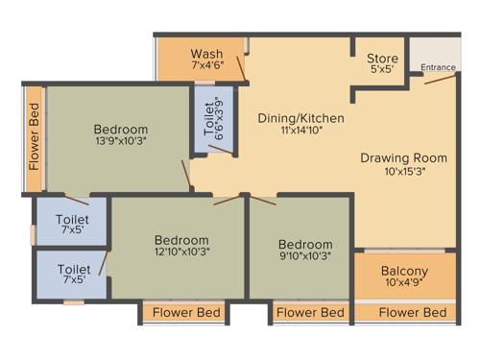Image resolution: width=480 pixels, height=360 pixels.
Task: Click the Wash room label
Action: (206, 53)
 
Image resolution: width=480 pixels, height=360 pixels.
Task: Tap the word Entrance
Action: (439, 68)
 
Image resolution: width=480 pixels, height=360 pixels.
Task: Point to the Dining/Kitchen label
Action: (300, 118)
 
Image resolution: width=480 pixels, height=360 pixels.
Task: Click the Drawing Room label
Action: (405, 157)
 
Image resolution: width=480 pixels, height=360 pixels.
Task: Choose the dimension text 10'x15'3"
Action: (405, 172)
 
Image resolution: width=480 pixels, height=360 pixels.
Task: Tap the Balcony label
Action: (404, 271)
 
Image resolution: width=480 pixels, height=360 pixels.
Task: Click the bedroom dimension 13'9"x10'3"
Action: (121, 144)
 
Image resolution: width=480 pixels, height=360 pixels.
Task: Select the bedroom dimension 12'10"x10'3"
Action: (181, 252)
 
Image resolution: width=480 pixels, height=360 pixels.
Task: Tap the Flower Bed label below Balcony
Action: (413, 313)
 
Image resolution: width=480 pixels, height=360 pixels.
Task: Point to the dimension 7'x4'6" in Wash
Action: (206, 66)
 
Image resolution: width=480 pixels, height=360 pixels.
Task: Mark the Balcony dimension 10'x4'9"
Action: (404, 284)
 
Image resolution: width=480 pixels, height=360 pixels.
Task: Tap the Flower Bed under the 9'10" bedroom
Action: (310, 313)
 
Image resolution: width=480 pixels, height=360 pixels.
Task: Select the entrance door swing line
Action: (441, 79)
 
